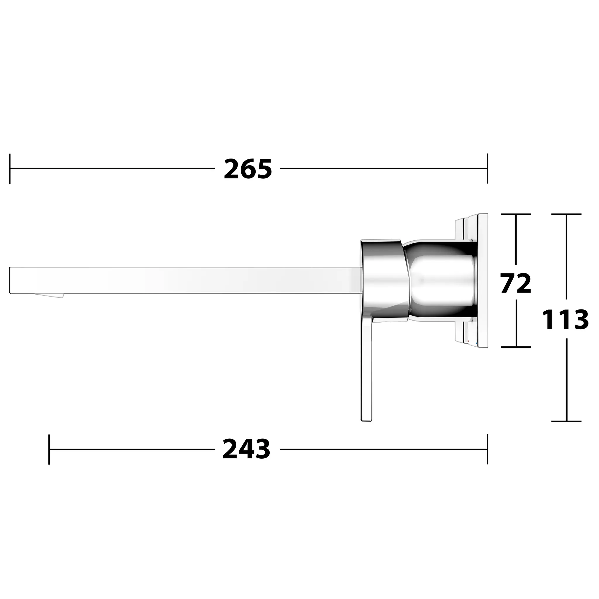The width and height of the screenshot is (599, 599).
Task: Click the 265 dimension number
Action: point(248,169)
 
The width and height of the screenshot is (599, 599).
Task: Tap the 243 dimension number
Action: point(247,449)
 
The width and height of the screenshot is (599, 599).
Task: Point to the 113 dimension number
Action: point(565,320)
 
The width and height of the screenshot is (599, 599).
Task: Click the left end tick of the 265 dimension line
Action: point(10,169)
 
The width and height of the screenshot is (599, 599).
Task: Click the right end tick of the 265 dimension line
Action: point(487,169)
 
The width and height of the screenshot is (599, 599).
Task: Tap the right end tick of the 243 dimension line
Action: point(487,449)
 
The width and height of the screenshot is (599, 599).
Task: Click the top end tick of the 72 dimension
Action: point(516,214)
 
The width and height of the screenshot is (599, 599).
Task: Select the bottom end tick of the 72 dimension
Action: point(516,347)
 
